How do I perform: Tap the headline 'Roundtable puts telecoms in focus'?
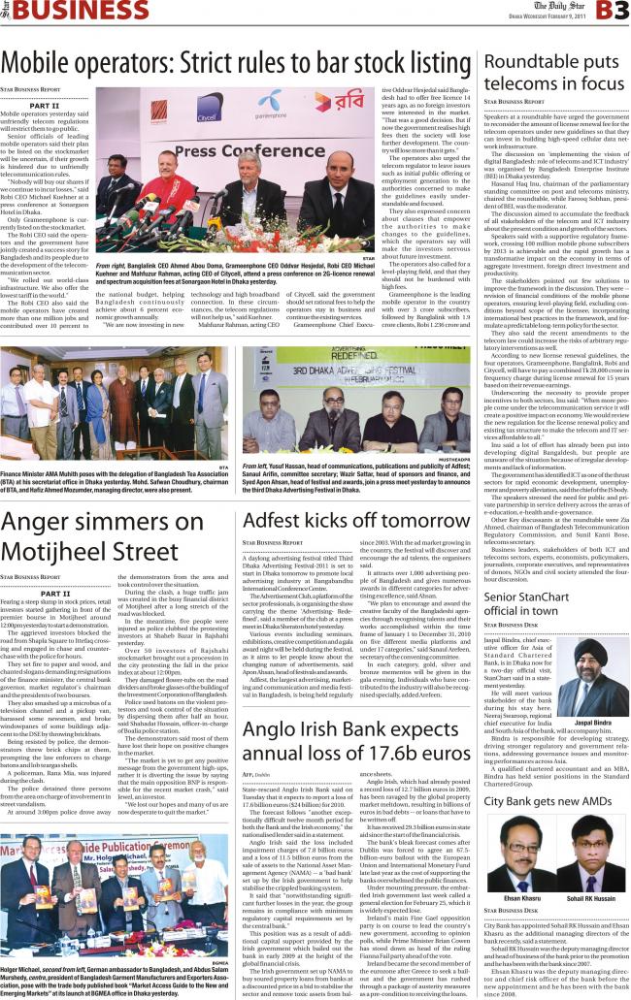click(552, 72)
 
